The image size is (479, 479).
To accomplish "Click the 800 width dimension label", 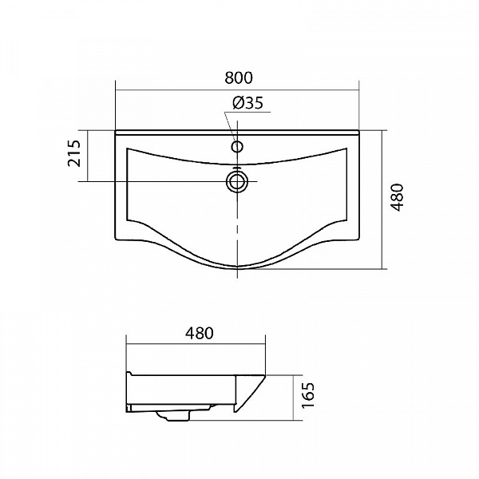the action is point(239,78).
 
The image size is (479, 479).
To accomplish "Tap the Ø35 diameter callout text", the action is point(247,103).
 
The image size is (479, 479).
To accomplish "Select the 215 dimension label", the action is point(74,153).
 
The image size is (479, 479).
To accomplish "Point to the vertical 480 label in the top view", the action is point(397,197).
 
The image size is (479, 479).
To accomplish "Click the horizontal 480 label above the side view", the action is point(200,333).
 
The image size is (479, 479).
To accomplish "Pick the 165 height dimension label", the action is point(307,395).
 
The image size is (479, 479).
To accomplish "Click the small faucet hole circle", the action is point(237,147).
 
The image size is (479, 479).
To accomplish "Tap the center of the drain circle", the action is point(237,182).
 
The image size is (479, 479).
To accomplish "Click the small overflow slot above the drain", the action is point(237,168).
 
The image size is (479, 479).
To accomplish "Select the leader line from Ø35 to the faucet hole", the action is point(230,126).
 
